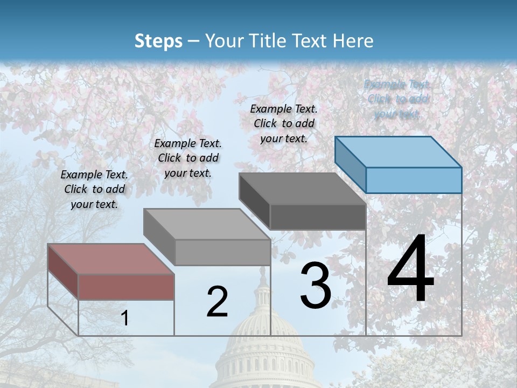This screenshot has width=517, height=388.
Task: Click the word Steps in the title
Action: click(x=158, y=41)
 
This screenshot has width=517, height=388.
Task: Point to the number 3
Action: click(x=316, y=285)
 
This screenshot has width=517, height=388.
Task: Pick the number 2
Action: click(x=217, y=301)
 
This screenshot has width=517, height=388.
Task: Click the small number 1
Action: click(x=124, y=318)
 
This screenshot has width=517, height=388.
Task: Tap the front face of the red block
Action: click(x=126, y=287)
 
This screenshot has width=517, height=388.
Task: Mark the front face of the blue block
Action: click(x=414, y=180)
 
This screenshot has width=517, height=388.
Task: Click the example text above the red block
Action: click(x=94, y=189)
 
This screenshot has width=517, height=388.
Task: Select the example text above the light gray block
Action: click(x=188, y=158)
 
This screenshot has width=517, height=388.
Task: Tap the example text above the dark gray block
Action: click(x=284, y=123)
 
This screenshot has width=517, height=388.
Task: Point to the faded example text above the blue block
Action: click(x=397, y=99)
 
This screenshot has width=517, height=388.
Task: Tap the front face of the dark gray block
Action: click(x=318, y=217)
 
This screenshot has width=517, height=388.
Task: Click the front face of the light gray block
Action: click(x=222, y=252)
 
